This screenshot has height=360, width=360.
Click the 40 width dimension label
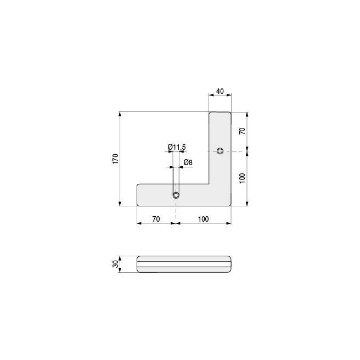tap(220, 91)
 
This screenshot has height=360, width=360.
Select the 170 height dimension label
tap(115, 159)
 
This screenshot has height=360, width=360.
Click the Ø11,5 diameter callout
tap(176, 147)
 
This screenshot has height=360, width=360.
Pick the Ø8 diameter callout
tap(187, 162)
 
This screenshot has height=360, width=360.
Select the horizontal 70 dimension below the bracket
tap(156, 218)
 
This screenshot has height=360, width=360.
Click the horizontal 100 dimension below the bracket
tap(203, 218)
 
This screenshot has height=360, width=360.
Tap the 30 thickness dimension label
tap(115, 264)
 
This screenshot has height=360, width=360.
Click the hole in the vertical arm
tap(220, 150)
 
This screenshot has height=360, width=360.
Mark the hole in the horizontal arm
tap(176, 195)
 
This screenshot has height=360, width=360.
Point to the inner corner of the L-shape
tap(209, 184)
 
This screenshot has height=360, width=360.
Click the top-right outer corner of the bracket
tap(231, 113)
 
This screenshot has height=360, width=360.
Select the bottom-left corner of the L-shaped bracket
tap(137, 205)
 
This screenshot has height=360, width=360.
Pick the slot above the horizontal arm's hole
tap(176, 178)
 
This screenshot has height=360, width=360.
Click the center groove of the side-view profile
tap(183, 264)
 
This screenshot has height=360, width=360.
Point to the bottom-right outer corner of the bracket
tap(230, 205)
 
